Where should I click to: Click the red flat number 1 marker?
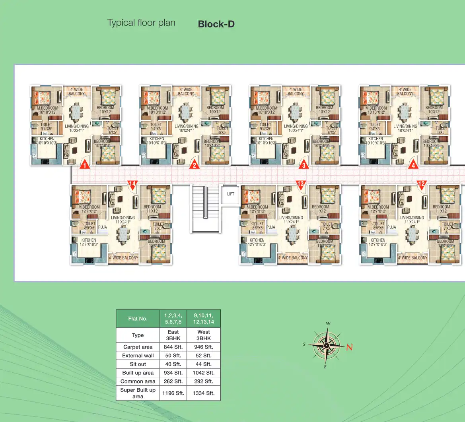coord(84,165)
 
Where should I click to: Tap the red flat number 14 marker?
coord(132,184)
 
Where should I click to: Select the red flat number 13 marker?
coord(301,184)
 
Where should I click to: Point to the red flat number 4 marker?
coord(413,165)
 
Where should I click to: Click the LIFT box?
coord(231,194)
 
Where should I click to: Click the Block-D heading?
coord(216,24)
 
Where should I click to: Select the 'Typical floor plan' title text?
coord(141,23)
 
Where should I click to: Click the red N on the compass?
coord(349,347)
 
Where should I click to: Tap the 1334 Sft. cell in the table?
coord(204,393)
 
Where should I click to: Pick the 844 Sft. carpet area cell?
coord(173,347)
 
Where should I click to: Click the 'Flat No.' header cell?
coord(138,319)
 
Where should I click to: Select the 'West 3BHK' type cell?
coord(204,335)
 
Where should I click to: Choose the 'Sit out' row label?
coord(138,364)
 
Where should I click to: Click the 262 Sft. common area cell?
coord(173,381)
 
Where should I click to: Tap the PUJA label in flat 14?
coord(102,227)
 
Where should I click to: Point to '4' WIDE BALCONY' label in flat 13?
coord(293,258)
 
